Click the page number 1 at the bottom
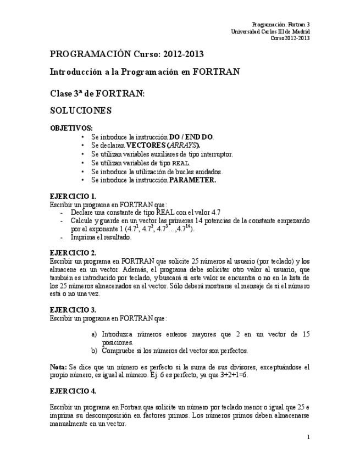308,437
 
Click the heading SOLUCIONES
81,110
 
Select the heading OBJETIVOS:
71,128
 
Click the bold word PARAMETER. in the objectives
192,180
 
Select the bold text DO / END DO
191,137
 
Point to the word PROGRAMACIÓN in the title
90,54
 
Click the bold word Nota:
58,367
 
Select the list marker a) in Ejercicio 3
94,334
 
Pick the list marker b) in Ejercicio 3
94,350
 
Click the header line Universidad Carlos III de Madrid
270,31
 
